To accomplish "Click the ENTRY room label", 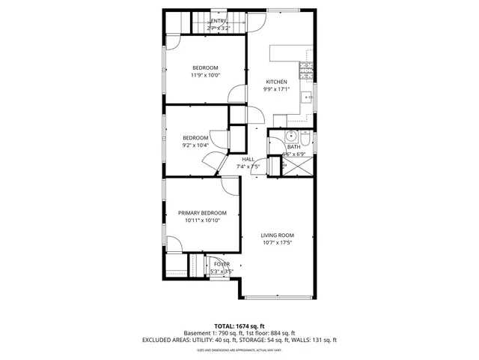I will pos(218,21).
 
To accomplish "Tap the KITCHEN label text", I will pos(277,82).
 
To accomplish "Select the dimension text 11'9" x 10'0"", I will pos(204,76).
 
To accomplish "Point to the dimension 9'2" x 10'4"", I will pos(195,145).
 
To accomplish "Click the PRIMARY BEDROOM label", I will pos(202,213).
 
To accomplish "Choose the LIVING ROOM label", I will pos(277,235).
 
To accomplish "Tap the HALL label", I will pos(248,159).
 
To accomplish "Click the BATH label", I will pos(293,147).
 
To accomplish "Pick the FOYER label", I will pos(222,264).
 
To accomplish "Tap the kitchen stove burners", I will pos(306,70).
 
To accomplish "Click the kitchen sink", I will pos(308,97).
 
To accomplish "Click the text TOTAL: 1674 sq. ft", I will pos(239,325).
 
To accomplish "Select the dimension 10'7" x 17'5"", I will pos(277,242).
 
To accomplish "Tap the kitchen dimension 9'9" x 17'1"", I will pos(277,89).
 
